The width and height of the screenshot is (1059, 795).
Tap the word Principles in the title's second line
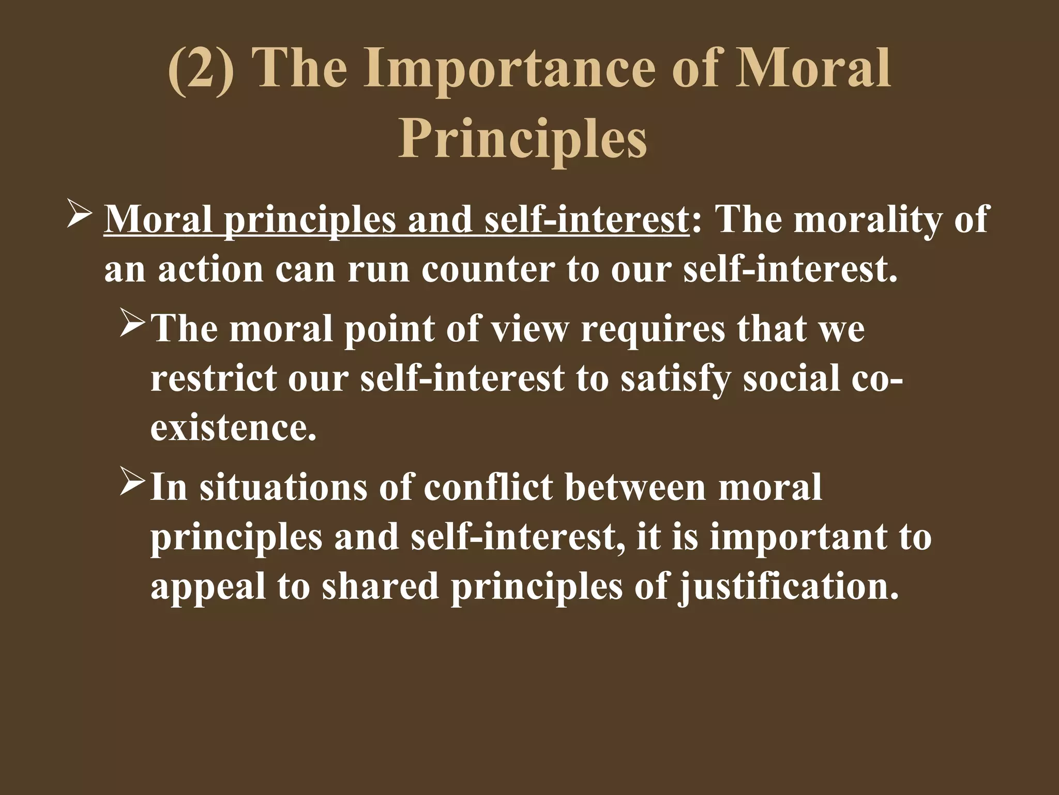tap(522, 138)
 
